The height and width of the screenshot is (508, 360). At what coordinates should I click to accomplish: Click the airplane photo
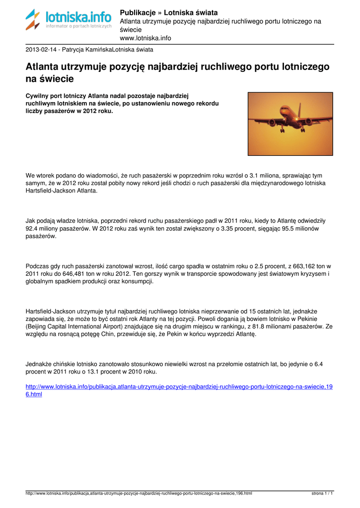click(x=290, y=124)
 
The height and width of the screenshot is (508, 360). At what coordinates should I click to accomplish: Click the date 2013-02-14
click(x=42, y=50)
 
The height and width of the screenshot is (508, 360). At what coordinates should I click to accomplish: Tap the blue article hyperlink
click(x=179, y=390)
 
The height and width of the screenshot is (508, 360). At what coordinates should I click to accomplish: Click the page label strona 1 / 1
click(x=322, y=494)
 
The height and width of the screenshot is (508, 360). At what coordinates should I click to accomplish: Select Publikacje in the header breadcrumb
click(x=139, y=12)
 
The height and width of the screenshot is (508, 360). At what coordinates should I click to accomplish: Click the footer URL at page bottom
click(x=139, y=494)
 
